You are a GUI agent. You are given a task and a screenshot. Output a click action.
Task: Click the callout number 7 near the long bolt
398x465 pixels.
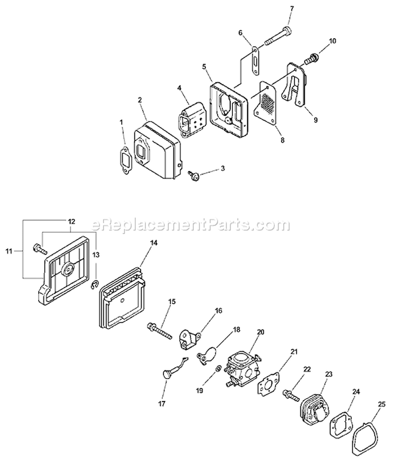point(291,8)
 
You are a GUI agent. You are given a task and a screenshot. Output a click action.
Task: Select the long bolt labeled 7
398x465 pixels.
point(278,37)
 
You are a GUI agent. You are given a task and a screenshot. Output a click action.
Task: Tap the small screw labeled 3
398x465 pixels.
point(194,176)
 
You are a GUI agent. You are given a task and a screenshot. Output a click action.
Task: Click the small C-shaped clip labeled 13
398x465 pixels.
point(94,285)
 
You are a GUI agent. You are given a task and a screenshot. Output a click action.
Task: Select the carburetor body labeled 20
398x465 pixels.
point(241,368)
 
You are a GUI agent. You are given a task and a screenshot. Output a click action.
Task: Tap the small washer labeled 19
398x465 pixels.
point(218,369)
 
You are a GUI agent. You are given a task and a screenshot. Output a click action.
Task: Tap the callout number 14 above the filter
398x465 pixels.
point(154,243)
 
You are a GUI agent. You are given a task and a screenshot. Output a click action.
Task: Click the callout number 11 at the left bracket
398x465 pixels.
point(8,251)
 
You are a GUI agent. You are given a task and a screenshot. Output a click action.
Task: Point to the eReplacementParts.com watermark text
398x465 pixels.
point(191,225)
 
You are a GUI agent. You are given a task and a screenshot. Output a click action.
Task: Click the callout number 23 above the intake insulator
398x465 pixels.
point(328,374)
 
